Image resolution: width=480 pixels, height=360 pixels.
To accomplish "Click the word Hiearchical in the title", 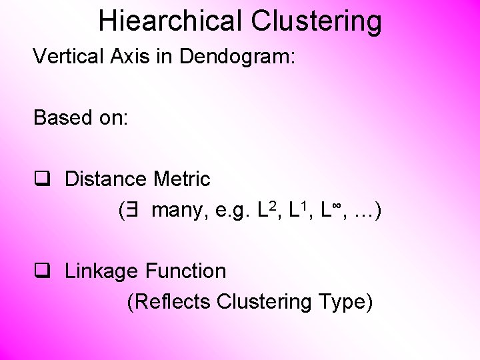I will tap(171, 21).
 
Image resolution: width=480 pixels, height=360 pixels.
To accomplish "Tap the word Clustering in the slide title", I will tap(316, 21).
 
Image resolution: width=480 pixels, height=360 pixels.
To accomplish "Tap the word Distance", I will tap(106, 179).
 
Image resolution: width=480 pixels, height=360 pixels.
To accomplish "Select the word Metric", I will tap(181, 179).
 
